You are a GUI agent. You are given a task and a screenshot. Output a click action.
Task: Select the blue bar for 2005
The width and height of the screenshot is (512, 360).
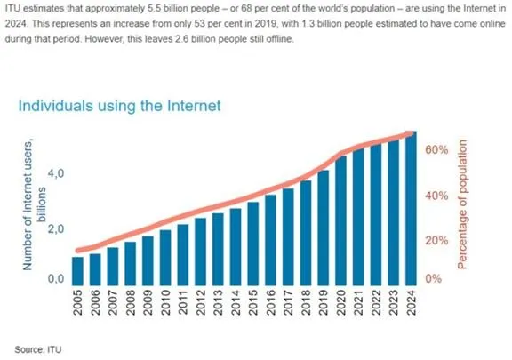[x=77, y=268]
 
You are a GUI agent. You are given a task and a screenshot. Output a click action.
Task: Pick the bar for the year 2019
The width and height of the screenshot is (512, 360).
[x=323, y=224]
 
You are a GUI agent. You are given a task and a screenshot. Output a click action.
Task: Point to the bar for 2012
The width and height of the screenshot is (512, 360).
[x=200, y=248]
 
